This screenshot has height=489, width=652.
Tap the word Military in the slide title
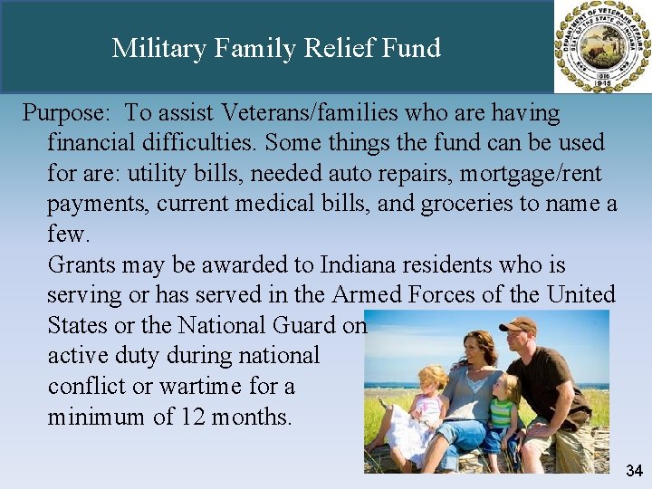[158, 47]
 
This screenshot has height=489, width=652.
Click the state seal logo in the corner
[601, 46]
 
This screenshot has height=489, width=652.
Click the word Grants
[80, 264]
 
